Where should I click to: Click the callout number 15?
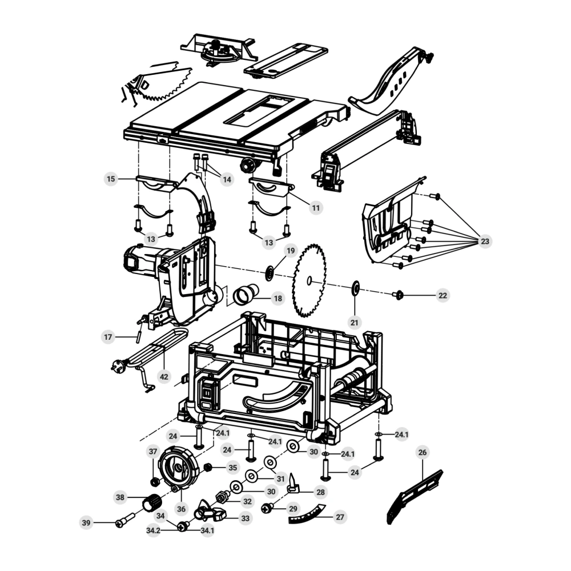111,179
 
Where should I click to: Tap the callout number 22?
443,295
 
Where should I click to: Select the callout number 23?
485,241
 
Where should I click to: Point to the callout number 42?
164,376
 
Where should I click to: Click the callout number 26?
422,452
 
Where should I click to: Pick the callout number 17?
108,337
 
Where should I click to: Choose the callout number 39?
86,522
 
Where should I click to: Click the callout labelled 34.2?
153,530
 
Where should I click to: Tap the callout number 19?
291,251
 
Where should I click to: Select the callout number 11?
316,208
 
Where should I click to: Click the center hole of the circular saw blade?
309,280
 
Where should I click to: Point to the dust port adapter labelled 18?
246,294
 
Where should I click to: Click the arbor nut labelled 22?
399,295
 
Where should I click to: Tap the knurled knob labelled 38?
151,502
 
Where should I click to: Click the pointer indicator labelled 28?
293,484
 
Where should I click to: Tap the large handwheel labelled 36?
179,468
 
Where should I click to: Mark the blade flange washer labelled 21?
355,288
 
